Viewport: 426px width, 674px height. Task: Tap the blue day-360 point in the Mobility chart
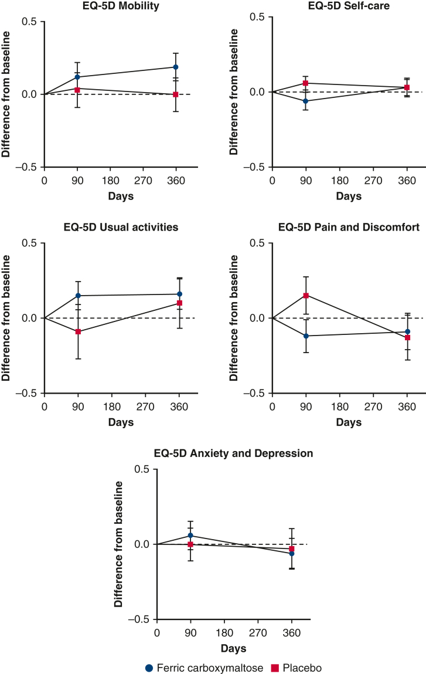(175, 67)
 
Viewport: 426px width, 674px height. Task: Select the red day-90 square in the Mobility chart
(77, 90)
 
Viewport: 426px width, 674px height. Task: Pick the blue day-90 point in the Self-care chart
(305, 101)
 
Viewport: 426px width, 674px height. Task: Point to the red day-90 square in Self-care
(305, 83)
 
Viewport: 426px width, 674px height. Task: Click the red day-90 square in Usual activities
(77, 331)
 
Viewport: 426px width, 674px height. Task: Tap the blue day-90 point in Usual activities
(77, 296)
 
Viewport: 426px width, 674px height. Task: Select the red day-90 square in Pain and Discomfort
(305, 296)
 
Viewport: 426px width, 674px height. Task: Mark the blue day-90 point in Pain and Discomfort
(305, 336)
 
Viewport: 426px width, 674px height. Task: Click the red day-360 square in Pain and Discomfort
(407, 338)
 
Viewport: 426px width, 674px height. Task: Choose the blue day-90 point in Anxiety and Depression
(190, 536)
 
